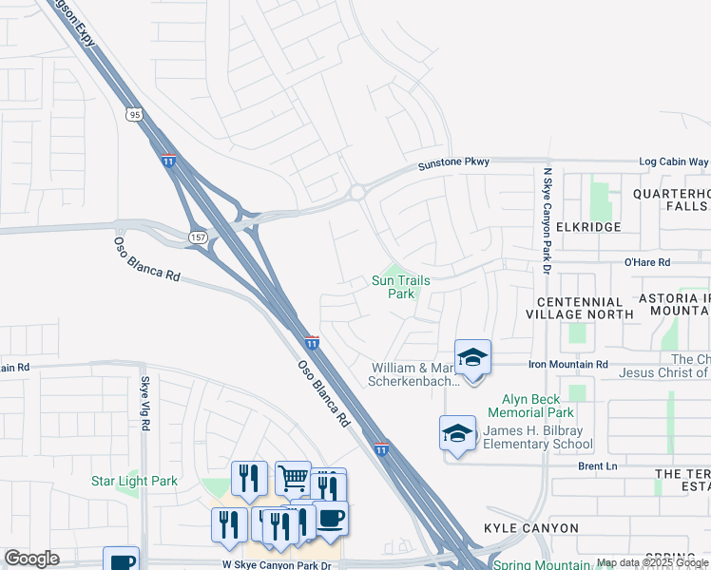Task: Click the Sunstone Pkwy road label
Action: pos(454,162)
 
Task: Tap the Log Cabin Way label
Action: pos(673,162)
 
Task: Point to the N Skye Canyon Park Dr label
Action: pos(547,221)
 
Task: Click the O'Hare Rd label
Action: pos(646,262)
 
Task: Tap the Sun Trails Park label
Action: pos(400,287)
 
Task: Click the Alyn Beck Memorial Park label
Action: pos(530,406)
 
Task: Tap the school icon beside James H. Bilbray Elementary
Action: pos(457,432)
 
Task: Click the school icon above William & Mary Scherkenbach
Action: pos(472,357)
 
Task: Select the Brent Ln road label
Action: pos(597,466)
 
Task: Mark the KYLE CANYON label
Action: pos(530,528)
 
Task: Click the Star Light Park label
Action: pos(134,481)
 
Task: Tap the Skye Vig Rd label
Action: pos(145,403)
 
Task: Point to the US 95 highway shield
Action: pos(133,114)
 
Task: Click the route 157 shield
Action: pos(198,236)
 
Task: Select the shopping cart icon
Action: pos(293,478)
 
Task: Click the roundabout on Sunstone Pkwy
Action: pos(356,192)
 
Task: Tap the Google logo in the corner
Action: pos(31,559)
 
